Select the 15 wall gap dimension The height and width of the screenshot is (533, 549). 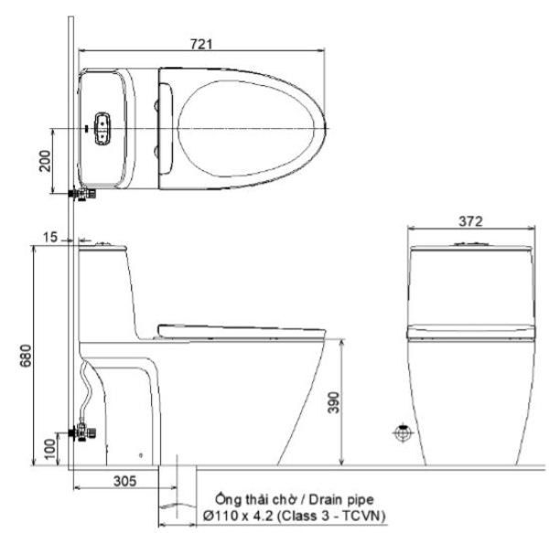(x=48, y=237)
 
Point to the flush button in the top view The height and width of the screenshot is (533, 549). (x=102, y=129)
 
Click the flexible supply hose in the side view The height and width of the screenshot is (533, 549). (x=87, y=389)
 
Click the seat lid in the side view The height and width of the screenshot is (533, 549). (x=242, y=327)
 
